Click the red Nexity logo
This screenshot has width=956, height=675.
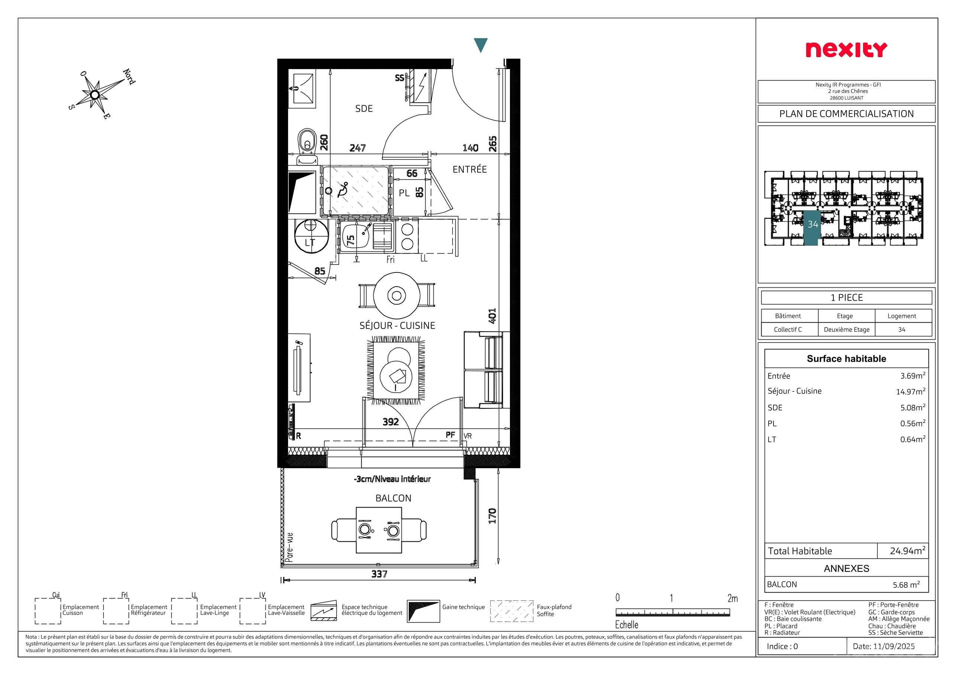click(846, 50)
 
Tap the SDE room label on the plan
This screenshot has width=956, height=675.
click(364, 108)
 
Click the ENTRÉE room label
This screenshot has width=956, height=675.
click(470, 169)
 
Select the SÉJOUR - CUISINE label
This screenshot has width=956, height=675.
click(397, 325)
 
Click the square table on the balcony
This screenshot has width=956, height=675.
click(379, 530)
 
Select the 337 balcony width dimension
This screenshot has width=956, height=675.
click(379, 574)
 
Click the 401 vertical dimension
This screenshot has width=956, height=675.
click(492, 316)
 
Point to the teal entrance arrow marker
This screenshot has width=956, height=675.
click(481, 45)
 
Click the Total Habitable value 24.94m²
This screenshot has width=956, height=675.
click(907, 551)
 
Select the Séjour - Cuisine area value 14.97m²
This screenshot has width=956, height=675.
click(911, 391)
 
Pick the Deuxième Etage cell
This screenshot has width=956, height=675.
click(846, 329)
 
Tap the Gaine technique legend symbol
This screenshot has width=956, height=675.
click(423, 611)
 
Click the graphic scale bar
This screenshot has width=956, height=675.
click(672, 612)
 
